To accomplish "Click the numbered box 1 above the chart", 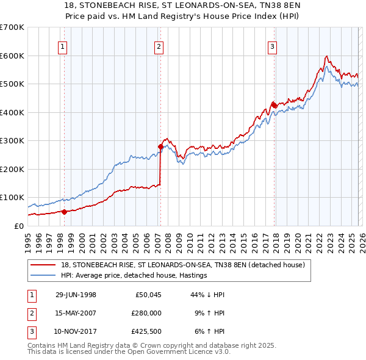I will pyautogui.click(x=63, y=46).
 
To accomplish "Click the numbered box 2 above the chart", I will pyautogui.click(x=159, y=46).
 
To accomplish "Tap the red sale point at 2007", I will pyautogui.click(x=160, y=146).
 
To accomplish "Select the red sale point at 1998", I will pyautogui.click(x=64, y=212).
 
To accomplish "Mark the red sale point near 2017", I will pyautogui.click(x=274, y=105).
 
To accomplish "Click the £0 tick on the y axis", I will pyautogui.click(x=18, y=226).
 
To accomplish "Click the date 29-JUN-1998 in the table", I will pyautogui.click(x=76, y=295).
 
